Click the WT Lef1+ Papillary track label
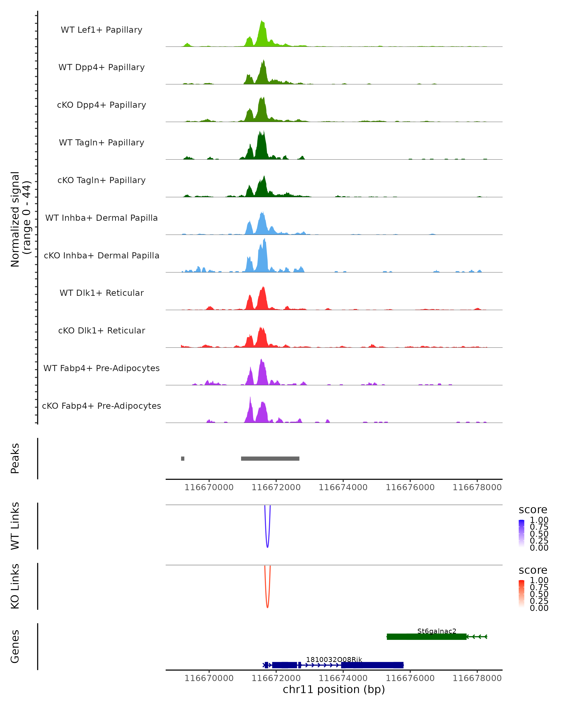tap(101, 30)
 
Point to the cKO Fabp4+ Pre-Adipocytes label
tap(101, 406)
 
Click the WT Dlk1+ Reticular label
tap(101, 293)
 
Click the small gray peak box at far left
tap(183, 458)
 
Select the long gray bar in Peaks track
tap(270, 458)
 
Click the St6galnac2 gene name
tap(437, 631)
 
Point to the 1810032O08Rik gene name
tap(334, 659)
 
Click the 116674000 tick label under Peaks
tap(343, 487)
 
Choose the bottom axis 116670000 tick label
tap(209, 678)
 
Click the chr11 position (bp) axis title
tap(334, 690)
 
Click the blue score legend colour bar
tap(521, 534)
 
